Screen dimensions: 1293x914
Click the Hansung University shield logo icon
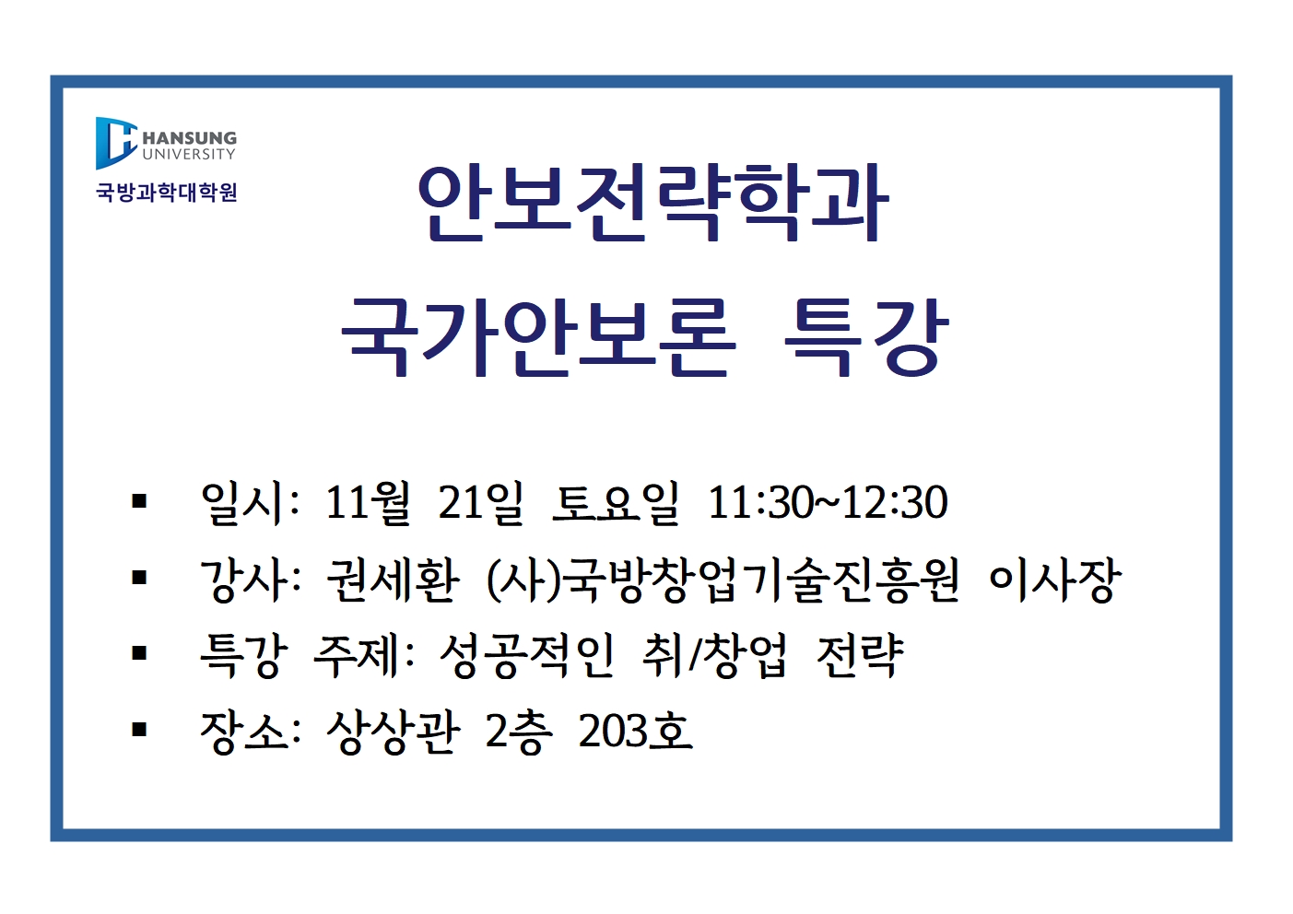coord(116,143)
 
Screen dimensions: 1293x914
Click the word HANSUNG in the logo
coord(189,138)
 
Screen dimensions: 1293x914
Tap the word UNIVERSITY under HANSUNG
coord(189,154)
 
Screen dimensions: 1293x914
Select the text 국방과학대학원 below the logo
coord(166,193)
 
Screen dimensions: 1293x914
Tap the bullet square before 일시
coord(138,501)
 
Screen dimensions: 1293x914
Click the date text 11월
coord(368,502)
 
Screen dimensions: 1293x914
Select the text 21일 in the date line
coord(480,502)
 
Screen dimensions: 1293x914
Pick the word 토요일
coord(615,502)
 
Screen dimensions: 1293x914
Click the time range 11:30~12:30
coord(828,502)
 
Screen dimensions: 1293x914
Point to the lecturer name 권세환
coord(393,580)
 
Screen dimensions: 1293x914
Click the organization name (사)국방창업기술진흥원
coord(723,580)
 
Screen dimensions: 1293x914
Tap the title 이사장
coord(1054,580)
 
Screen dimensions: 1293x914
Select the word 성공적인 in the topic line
coord(525,656)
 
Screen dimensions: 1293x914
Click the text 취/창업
coord(714,656)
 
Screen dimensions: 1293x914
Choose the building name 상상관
coord(393,732)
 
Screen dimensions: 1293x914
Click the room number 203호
coord(635,732)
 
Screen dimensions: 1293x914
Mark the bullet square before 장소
coord(138,730)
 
